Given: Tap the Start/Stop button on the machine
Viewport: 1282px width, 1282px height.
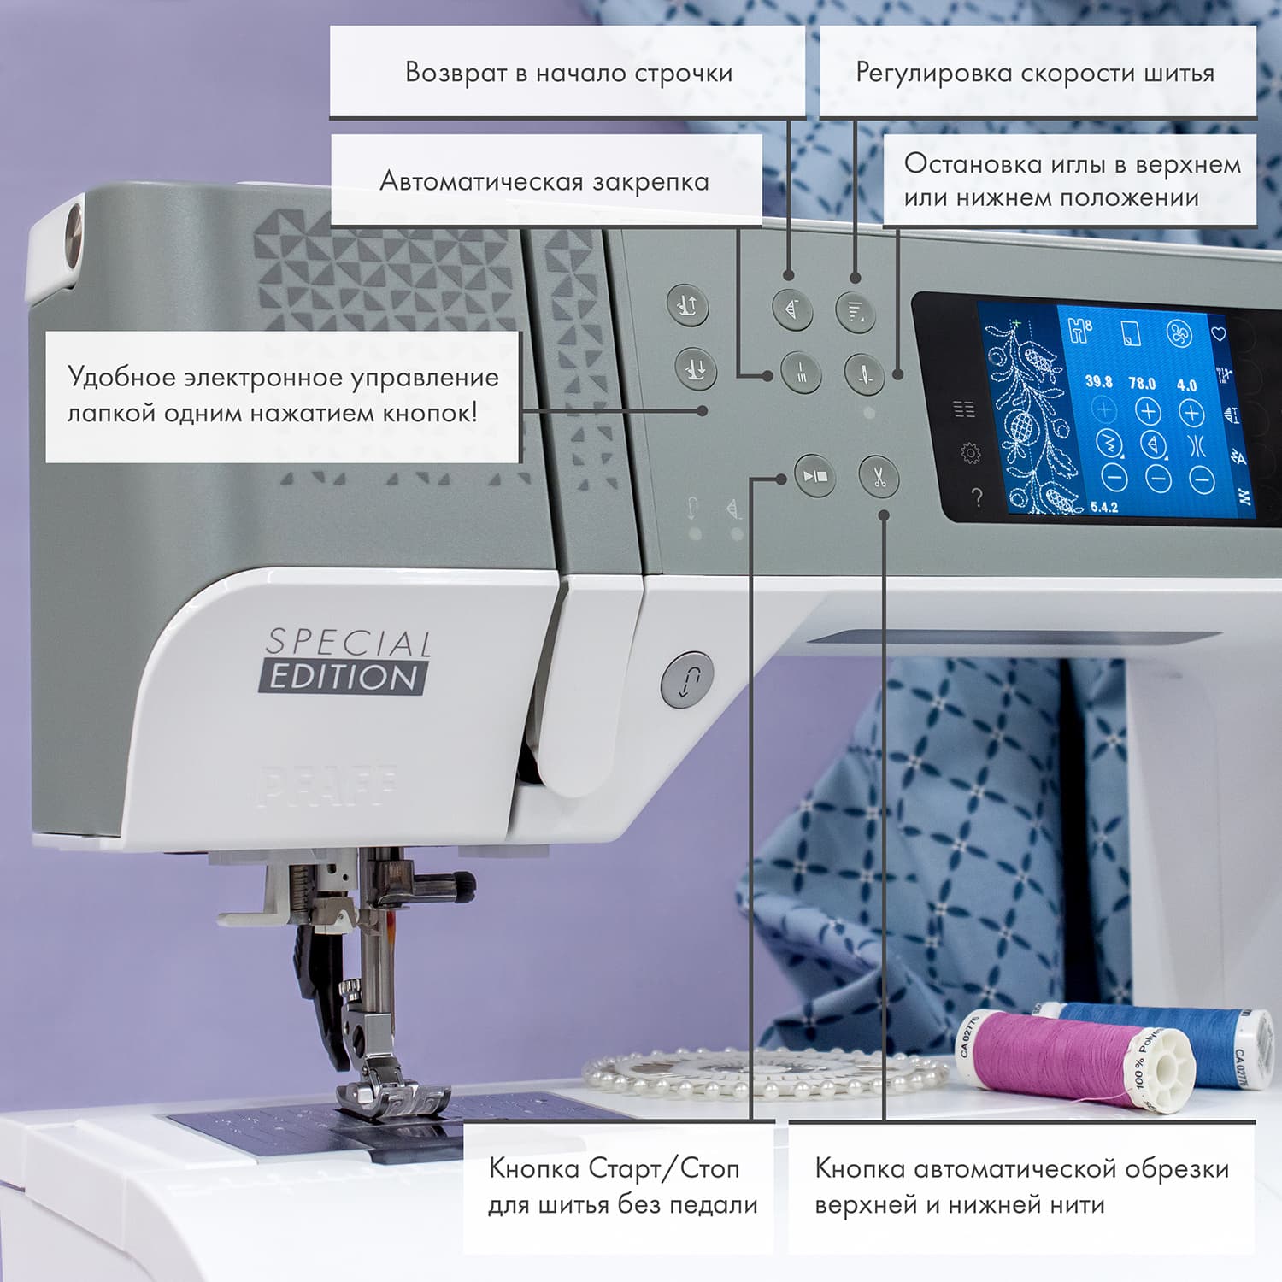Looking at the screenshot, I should [x=814, y=476].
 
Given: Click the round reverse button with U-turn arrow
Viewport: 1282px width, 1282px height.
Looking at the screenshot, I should [x=687, y=679].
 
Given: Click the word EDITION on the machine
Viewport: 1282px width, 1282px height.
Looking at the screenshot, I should [x=344, y=678].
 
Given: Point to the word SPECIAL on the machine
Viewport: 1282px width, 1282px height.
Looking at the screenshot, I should [x=348, y=642].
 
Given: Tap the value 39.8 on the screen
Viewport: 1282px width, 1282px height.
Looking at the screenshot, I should [x=1098, y=381].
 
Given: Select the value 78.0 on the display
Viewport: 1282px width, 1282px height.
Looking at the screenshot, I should [x=1142, y=383].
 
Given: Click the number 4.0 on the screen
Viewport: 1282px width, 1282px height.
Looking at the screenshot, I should [x=1187, y=385].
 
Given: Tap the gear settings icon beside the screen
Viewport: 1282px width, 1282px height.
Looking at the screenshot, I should [x=970, y=453].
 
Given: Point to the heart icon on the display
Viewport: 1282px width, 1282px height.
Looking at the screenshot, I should [x=1219, y=333].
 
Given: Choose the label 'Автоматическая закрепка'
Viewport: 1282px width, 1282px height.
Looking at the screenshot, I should [x=544, y=181].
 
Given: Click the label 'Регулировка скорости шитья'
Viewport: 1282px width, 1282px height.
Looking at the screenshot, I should [x=1035, y=73].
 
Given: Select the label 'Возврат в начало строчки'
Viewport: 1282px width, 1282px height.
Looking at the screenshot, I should [x=568, y=73].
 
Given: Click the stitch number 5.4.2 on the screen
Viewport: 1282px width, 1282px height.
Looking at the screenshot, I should [x=1103, y=507].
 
